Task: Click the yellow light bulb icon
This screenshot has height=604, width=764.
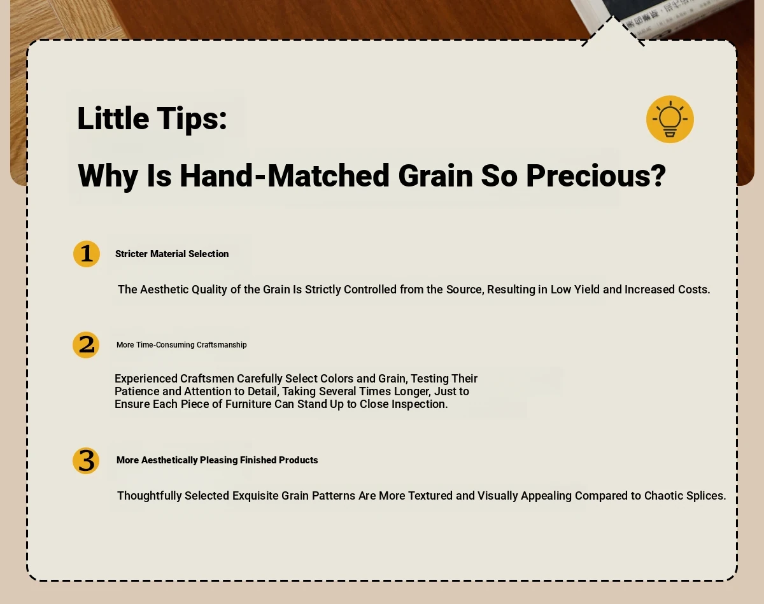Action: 670,119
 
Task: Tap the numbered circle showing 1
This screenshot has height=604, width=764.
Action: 87,254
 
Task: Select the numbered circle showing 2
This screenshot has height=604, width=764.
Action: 86,345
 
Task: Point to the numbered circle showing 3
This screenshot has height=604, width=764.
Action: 86,461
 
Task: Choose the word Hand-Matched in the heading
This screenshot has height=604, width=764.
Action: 285,176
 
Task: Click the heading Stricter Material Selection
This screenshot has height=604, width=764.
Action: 172,254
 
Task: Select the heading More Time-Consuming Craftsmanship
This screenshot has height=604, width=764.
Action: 181,345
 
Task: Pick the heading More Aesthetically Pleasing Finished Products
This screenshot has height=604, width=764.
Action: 217,460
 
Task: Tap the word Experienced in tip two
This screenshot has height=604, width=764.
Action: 146,379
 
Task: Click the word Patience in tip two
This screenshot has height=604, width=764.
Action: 137,391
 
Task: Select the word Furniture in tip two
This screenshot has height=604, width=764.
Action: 248,404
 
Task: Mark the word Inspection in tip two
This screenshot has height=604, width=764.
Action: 420,405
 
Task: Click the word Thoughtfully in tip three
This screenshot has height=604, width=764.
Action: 150,496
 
